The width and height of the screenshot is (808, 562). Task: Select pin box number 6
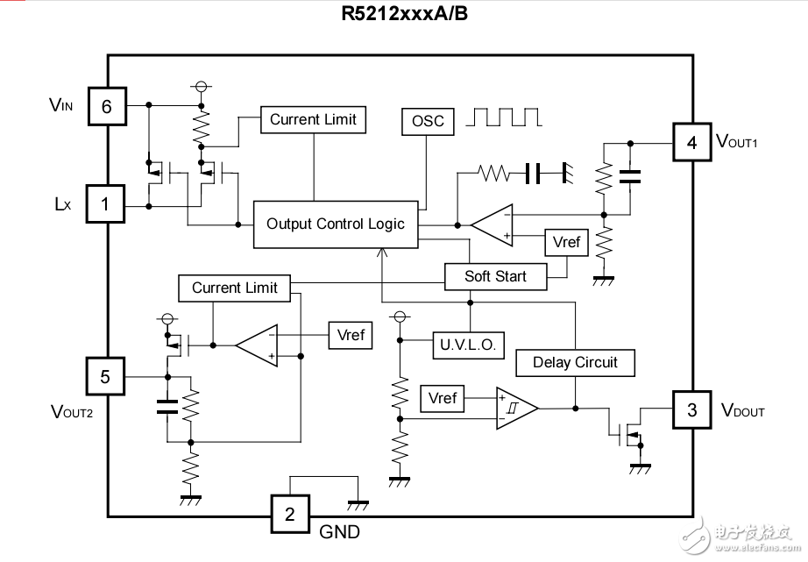pyautogui.click(x=107, y=107)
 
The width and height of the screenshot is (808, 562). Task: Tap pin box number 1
pyautogui.click(x=106, y=205)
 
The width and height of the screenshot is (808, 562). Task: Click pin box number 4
pyautogui.click(x=691, y=142)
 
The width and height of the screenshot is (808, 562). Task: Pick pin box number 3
pyautogui.click(x=691, y=409)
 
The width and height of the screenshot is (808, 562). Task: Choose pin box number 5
pyautogui.click(x=105, y=377)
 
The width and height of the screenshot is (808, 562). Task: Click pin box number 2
pyautogui.click(x=290, y=515)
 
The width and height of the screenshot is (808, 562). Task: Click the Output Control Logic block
pyautogui.click(x=336, y=224)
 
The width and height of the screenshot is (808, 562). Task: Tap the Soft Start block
pyautogui.click(x=495, y=276)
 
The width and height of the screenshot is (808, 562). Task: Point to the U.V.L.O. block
pyautogui.click(x=469, y=345)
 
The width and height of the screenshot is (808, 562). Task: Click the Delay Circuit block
pyautogui.click(x=575, y=362)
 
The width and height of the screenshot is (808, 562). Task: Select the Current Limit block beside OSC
pyautogui.click(x=313, y=119)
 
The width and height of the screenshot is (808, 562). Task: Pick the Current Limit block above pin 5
pyautogui.click(x=234, y=288)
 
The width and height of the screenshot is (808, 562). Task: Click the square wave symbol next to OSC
pyautogui.click(x=506, y=117)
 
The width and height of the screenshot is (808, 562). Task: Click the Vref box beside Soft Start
pyautogui.click(x=567, y=241)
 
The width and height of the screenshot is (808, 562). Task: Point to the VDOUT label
pyautogui.click(x=742, y=410)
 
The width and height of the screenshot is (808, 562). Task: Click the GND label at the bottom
pyautogui.click(x=339, y=531)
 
